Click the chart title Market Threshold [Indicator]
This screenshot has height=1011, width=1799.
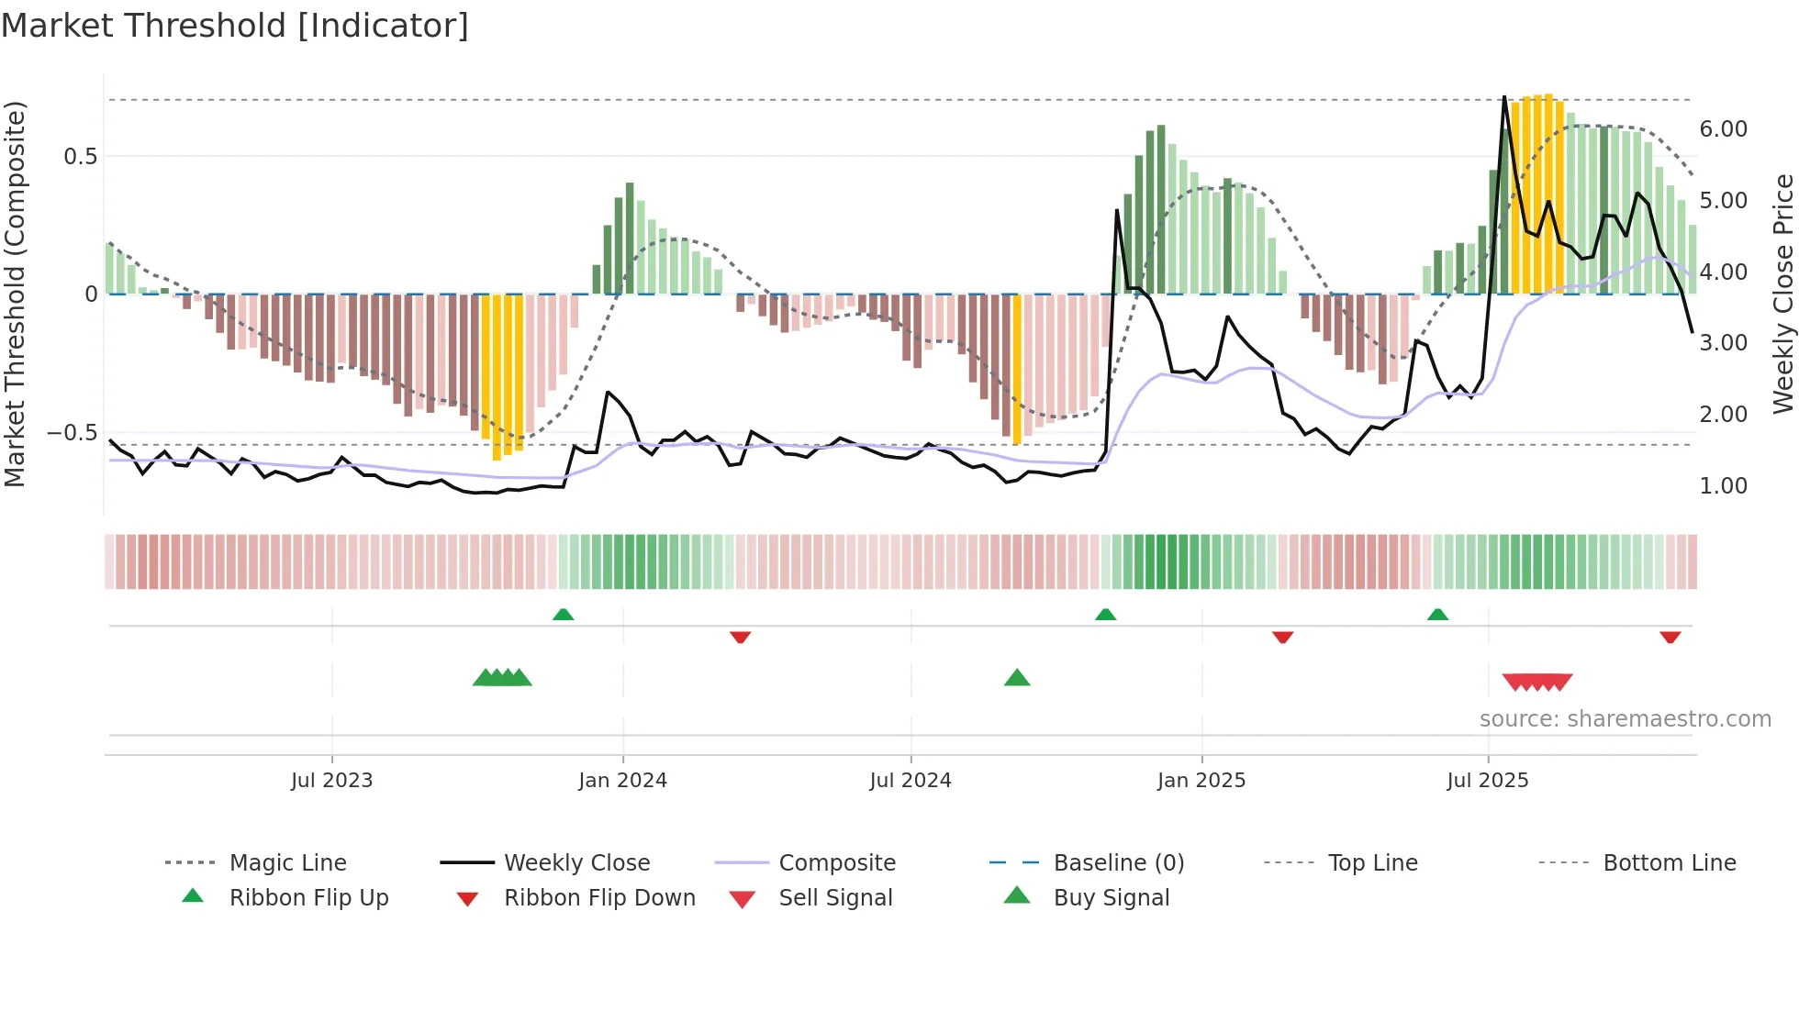point(235,26)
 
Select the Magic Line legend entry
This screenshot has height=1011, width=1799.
point(287,863)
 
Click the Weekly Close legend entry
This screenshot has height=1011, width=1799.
point(576,863)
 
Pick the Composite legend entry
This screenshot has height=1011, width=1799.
point(836,863)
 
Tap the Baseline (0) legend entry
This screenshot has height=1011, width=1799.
point(1118,863)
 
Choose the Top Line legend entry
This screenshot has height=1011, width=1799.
point(1372,863)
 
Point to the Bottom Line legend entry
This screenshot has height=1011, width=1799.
point(1669,863)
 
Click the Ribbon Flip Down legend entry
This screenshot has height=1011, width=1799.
point(599,898)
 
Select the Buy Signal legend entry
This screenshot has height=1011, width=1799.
point(1111,898)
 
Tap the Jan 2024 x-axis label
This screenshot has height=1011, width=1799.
point(622,781)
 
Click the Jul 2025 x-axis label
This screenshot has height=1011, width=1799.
point(1487,781)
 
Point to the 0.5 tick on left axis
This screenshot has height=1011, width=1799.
point(80,157)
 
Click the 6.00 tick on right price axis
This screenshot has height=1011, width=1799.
point(1723,129)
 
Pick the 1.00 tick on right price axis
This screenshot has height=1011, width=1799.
point(1723,486)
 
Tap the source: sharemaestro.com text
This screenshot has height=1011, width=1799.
point(1625,719)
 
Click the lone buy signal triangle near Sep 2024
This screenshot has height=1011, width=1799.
point(1017,678)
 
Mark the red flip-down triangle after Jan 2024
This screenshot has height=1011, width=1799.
point(740,637)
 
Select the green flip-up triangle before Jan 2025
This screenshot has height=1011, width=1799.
point(1105,615)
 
